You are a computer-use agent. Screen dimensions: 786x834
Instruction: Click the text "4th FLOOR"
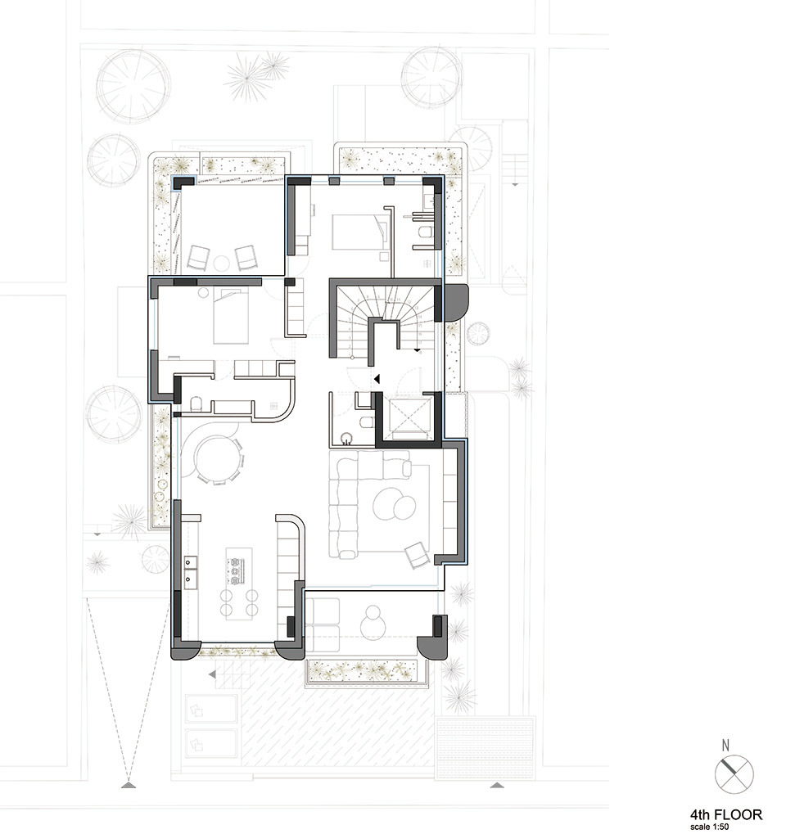726,814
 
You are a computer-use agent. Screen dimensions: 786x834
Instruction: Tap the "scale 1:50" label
709,827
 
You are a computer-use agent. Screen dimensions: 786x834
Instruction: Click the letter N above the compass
725,746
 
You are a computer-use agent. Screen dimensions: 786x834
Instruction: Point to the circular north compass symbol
734,774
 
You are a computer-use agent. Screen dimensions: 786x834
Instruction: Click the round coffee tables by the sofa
395,503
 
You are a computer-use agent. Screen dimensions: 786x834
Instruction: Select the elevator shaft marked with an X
409,417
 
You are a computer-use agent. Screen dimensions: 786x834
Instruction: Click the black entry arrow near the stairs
377,379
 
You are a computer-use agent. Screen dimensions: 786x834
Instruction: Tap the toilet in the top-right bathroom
425,232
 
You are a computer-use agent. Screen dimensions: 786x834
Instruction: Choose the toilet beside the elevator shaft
367,423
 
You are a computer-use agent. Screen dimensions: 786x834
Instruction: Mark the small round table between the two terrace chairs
221,264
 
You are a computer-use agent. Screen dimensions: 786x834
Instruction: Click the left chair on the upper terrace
198,258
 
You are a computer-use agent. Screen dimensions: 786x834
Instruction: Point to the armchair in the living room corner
417,555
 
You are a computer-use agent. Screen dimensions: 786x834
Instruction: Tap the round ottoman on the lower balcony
375,623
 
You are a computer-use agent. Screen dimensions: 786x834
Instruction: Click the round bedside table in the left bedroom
204,292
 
